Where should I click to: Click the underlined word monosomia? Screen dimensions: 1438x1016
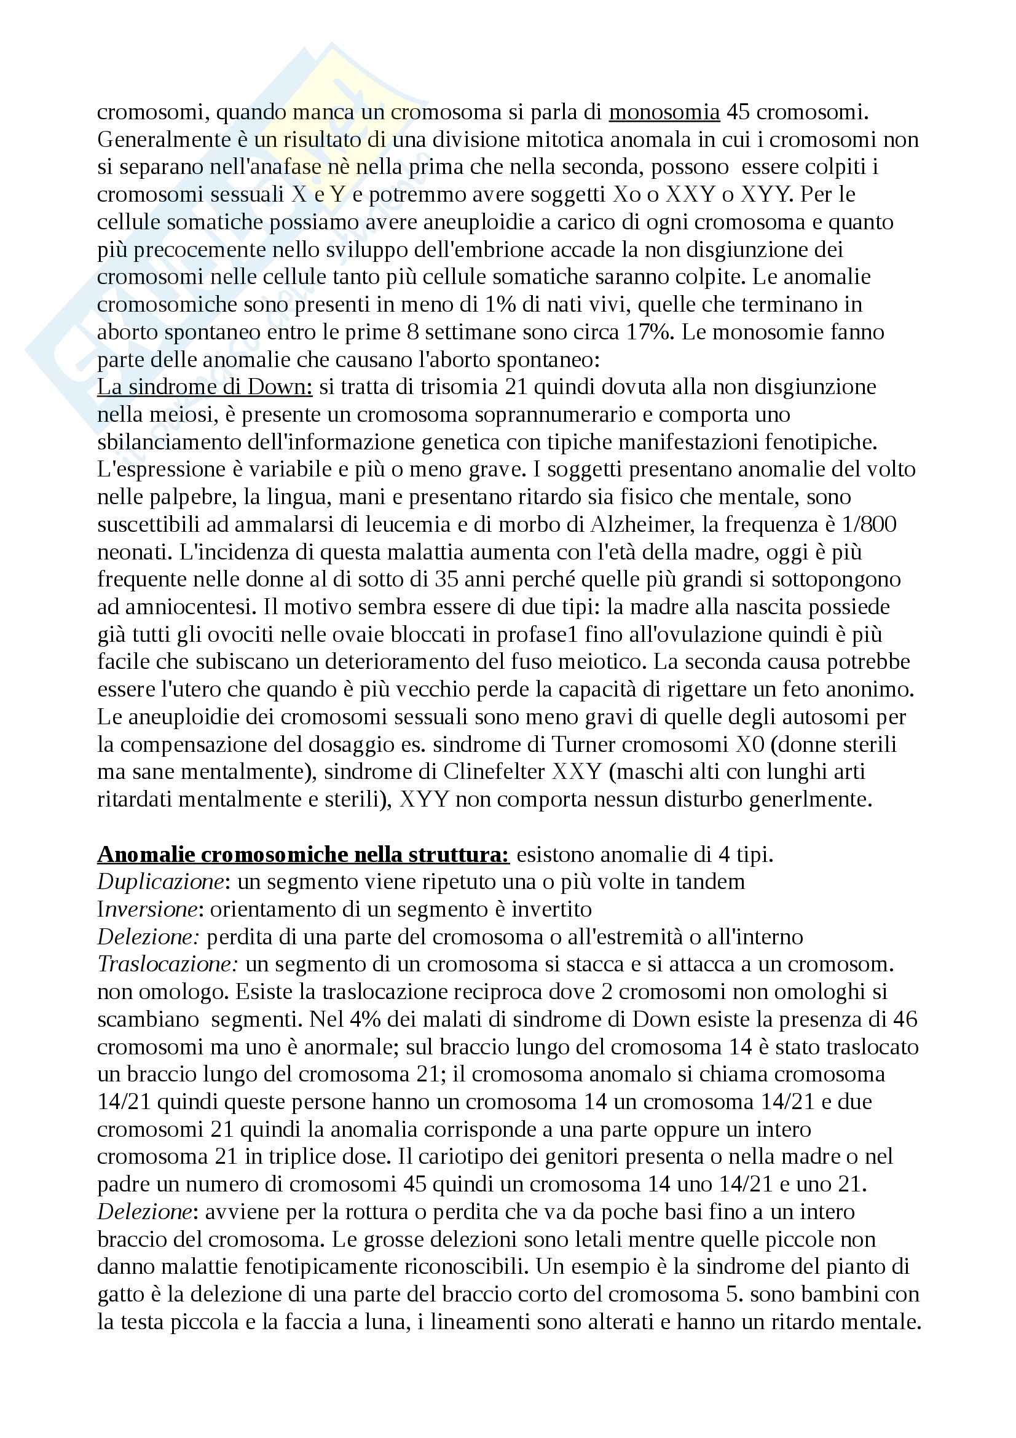coord(664,113)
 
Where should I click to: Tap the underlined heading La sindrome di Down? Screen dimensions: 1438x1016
coord(205,387)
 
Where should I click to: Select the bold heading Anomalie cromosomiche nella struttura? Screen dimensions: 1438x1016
coord(304,855)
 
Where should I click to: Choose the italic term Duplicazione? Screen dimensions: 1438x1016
coord(161,882)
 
